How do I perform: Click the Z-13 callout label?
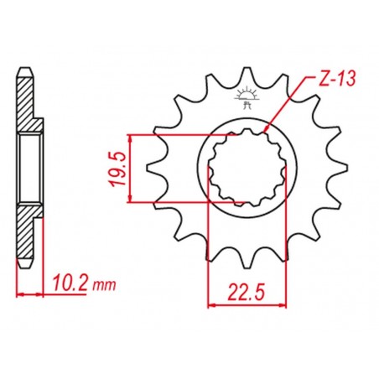tap(337, 79)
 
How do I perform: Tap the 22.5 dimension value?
tap(247, 292)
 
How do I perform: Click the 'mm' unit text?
tap(104, 285)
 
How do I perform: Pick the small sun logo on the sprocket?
tap(246, 98)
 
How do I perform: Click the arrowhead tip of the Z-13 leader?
tap(264, 132)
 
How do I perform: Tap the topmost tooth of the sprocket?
tap(247, 76)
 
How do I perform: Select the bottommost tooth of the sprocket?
tap(247, 261)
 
